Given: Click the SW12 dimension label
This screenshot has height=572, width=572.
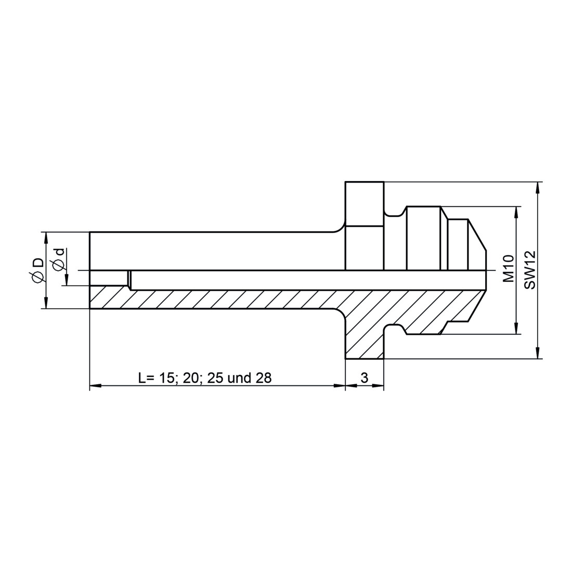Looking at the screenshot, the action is coord(530,270).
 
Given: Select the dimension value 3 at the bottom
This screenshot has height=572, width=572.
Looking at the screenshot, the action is coord(364,378).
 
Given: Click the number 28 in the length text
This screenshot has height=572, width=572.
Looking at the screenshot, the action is coord(264,378).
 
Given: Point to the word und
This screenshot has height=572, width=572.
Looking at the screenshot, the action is coord(239,378).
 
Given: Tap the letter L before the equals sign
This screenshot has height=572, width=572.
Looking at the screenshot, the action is coord(142,378).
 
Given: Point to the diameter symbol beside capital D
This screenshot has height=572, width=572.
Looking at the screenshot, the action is coord(37,278).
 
